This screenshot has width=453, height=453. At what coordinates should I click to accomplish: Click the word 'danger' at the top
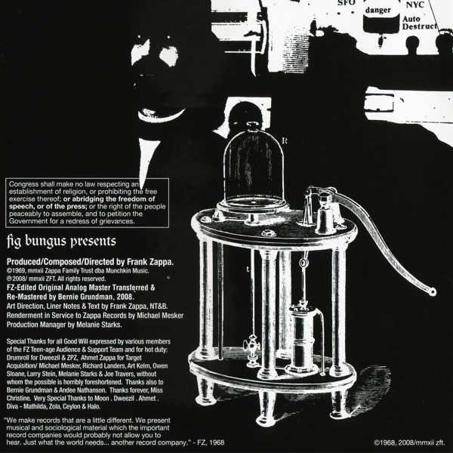[378, 11]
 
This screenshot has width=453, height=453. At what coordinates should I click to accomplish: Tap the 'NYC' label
[415, 5]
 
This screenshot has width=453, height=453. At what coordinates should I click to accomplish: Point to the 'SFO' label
[346, 3]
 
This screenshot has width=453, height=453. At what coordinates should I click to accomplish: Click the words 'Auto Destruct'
[419, 23]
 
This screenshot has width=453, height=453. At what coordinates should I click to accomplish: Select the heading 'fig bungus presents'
[61, 242]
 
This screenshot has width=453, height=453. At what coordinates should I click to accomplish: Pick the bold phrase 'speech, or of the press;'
[48, 207]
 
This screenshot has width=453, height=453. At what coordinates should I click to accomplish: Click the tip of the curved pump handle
[432, 292]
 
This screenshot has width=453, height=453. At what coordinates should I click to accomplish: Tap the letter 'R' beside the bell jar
[285, 140]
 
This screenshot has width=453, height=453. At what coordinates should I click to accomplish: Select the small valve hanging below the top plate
[252, 349]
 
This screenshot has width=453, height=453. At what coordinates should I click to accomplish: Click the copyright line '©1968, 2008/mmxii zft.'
[409, 442]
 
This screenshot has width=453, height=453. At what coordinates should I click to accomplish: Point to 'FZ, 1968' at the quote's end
[211, 442]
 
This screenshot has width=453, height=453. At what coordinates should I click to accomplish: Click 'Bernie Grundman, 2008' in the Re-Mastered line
[96, 297]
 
